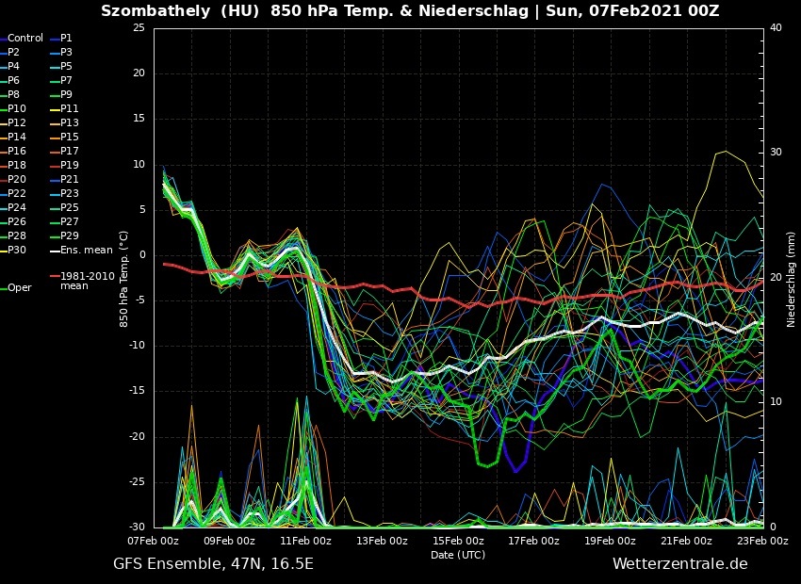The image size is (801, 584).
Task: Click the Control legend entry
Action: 25,39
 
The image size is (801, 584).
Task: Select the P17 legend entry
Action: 70,151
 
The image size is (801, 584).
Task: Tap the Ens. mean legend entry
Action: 86,250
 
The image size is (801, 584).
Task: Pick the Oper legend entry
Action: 20,288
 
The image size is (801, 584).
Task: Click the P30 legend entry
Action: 18,250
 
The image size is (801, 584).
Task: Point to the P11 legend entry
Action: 70,108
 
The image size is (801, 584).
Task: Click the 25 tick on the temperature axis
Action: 139,28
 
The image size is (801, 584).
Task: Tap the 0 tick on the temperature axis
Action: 141,255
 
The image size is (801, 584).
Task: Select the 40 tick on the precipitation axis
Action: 776,28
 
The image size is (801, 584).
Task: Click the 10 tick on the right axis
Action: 776,402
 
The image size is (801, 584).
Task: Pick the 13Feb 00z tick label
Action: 381,541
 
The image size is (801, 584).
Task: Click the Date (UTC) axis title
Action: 457,555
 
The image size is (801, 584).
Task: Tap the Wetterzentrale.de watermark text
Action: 679,564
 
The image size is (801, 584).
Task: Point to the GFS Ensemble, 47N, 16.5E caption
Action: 213,564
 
